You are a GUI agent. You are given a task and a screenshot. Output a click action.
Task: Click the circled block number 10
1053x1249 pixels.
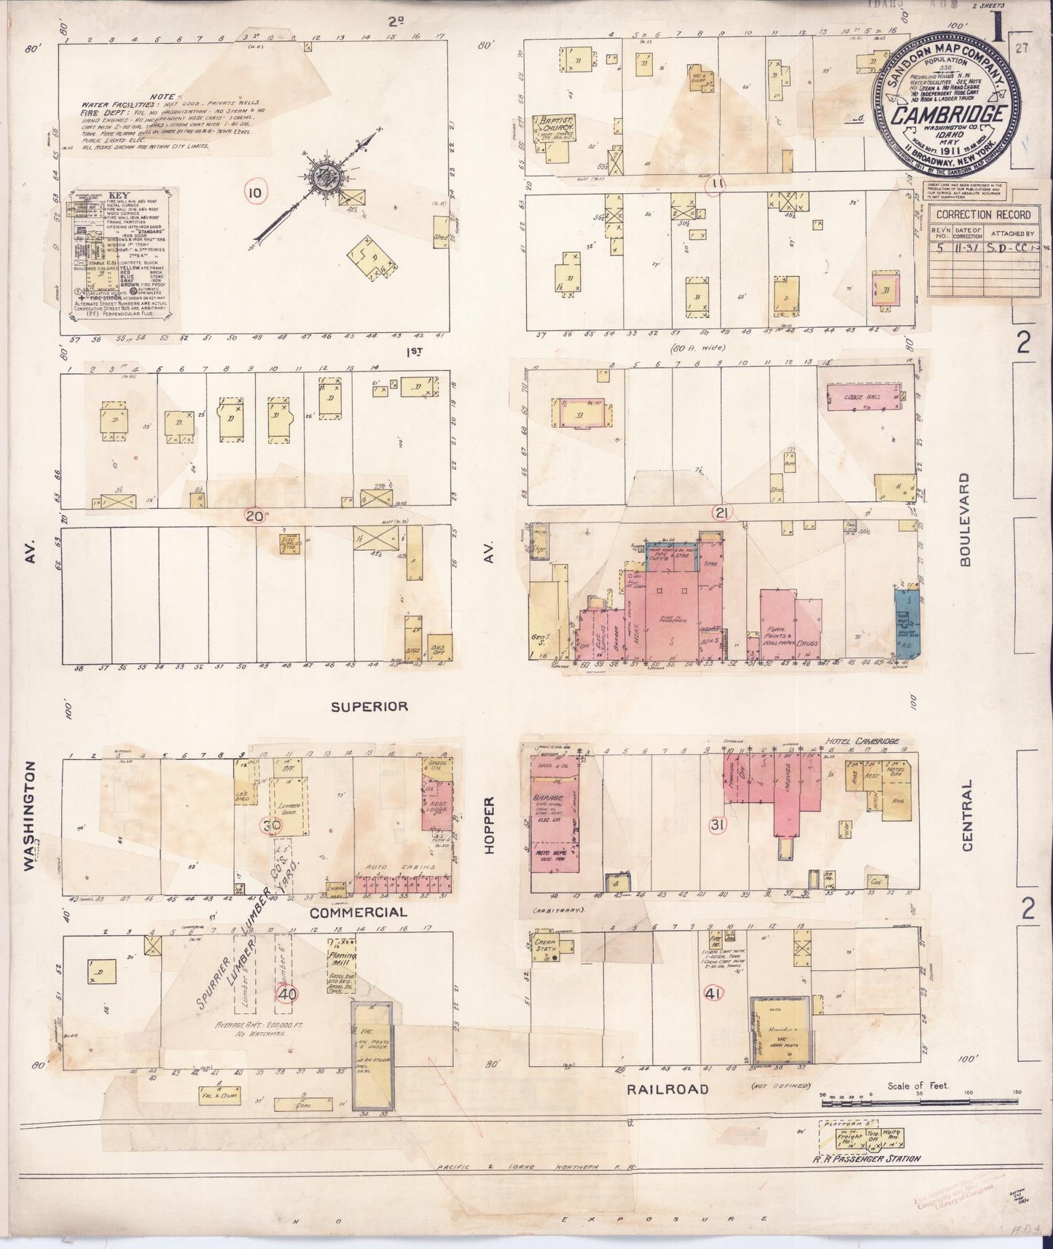(x=255, y=192)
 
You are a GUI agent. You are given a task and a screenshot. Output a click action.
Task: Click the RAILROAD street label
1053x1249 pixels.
(x=668, y=1089)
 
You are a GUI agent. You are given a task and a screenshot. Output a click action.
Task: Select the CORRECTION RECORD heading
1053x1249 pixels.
(x=983, y=214)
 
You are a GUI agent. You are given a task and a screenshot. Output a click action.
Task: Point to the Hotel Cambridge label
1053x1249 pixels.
(x=863, y=741)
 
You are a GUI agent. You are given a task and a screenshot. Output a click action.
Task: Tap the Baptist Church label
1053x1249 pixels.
(x=555, y=123)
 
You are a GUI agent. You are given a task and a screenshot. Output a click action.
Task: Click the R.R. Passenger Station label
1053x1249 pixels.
(x=868, y=1158)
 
